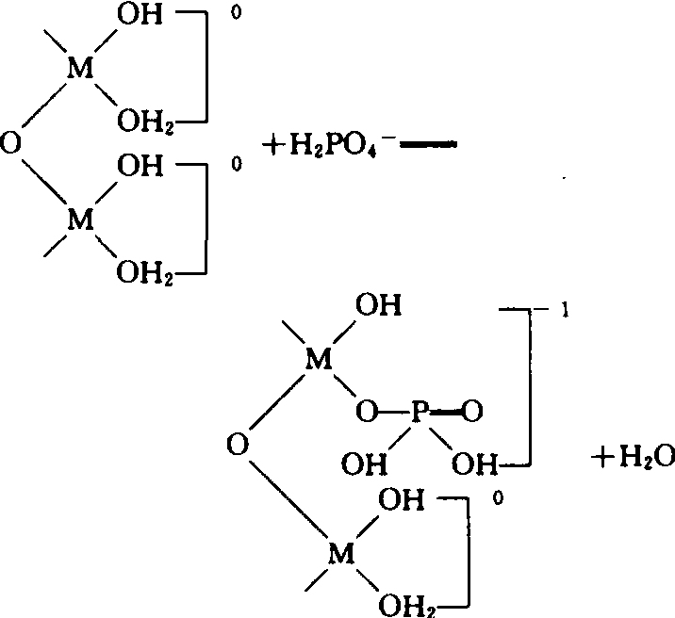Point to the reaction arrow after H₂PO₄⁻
coord(428,145)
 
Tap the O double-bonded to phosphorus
coord(472,411)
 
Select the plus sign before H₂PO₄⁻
coord(273,145)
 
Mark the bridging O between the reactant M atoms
coord(10,143)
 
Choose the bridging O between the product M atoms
coord(238,445)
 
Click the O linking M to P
coord(367,411)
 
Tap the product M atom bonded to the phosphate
coord(319,359)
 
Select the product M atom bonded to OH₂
coord(341,554)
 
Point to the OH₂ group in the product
coord(407,606)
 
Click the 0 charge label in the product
coord(498,498)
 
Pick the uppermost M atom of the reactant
coord(80,68)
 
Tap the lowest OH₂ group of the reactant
coord(145,272)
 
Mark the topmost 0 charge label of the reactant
coord(236,12)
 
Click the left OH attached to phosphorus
coord(364,464)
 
